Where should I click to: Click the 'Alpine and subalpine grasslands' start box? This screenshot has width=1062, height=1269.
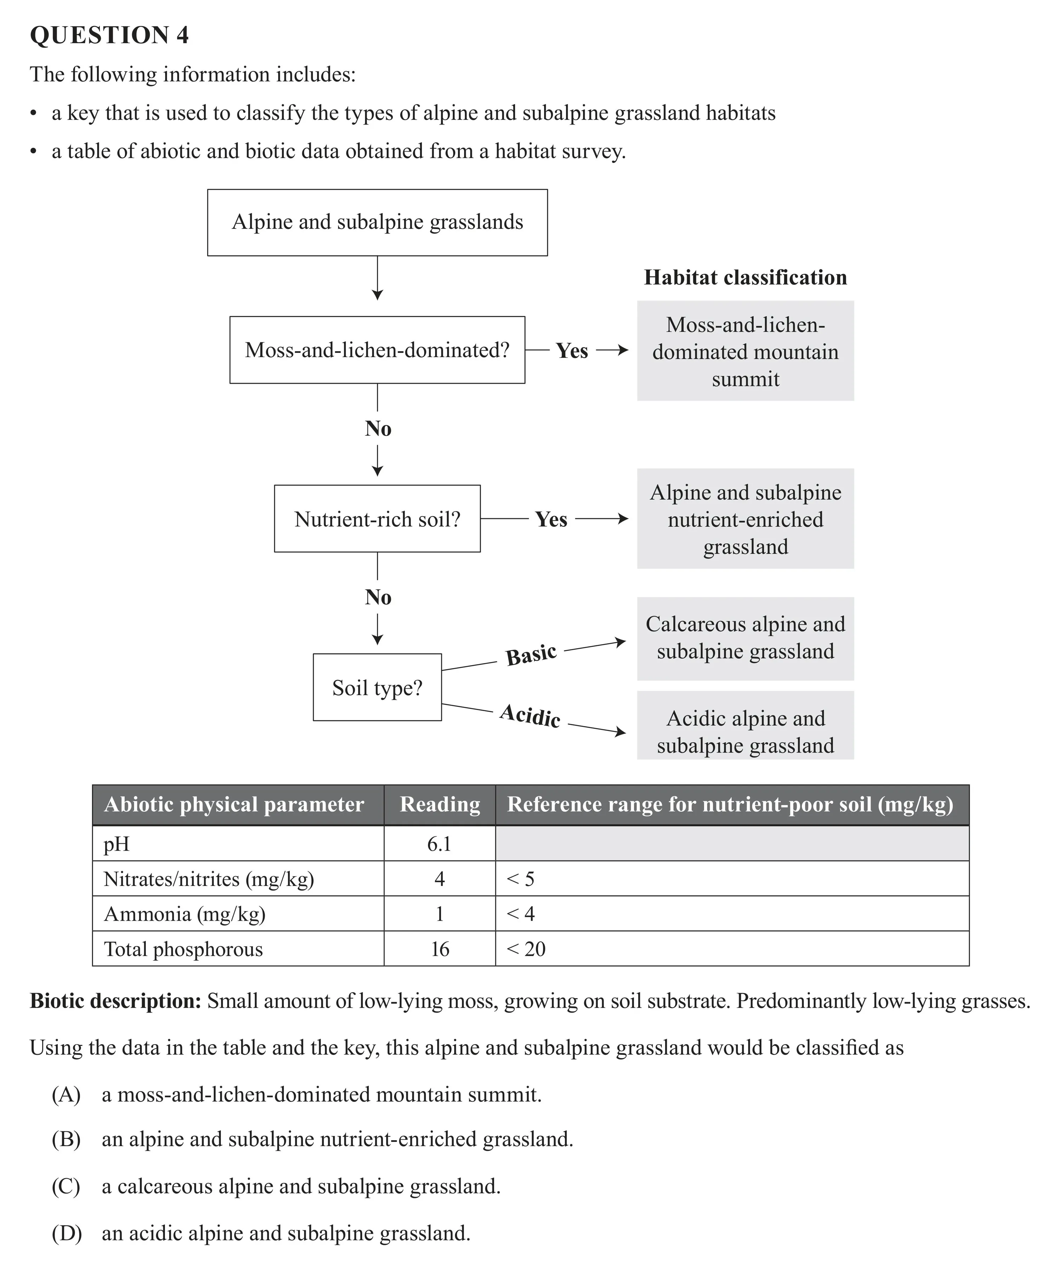(x=377, y=222)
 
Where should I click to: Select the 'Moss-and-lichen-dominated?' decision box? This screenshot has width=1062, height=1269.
(x=377, y=350)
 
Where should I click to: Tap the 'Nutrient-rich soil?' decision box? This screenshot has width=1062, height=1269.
(x=377, y=519)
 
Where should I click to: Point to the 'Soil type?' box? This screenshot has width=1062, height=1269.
(x=377, y=687)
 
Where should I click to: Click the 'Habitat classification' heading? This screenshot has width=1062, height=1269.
(x=745, y=278)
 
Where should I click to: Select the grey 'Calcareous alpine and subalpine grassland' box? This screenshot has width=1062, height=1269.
(x=745, y=638)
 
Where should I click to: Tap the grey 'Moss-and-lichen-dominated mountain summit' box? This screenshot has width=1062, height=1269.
(x=745, y=351)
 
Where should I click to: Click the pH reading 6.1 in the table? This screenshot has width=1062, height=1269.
(x=439, y=844)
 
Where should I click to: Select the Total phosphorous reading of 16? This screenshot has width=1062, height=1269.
(x=439, y=949)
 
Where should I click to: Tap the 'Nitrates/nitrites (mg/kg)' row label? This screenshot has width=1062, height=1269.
(x=209, y=879)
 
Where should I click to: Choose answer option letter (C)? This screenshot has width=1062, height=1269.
(x=66, y=1186)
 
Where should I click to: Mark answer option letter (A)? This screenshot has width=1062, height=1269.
(x=66, y=1094)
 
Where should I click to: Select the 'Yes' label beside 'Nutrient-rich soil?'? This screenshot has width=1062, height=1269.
(x=550, y=519)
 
